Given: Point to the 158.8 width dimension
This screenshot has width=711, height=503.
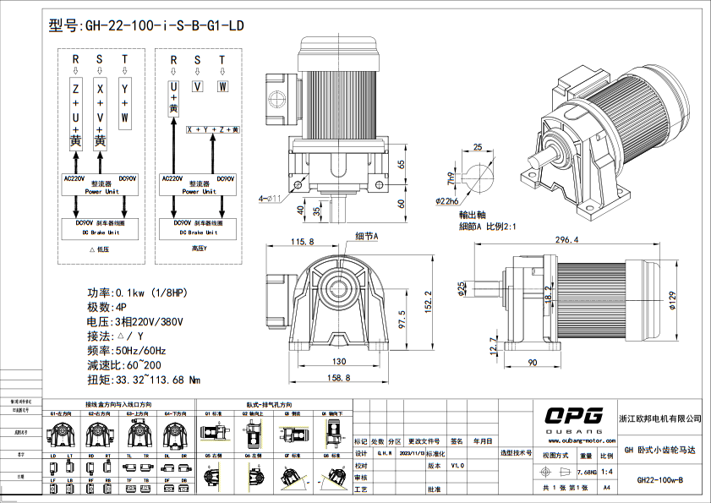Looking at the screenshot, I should (338, 377).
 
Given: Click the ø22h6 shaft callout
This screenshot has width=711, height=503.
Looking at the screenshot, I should (447, 201).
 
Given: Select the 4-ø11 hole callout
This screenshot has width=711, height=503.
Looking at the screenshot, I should (271, 199).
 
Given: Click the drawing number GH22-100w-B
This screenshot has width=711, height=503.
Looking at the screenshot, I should (659, 479).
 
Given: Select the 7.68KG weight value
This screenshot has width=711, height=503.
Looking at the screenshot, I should (586, 472).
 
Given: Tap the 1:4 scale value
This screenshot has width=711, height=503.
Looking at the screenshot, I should (606, 472).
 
